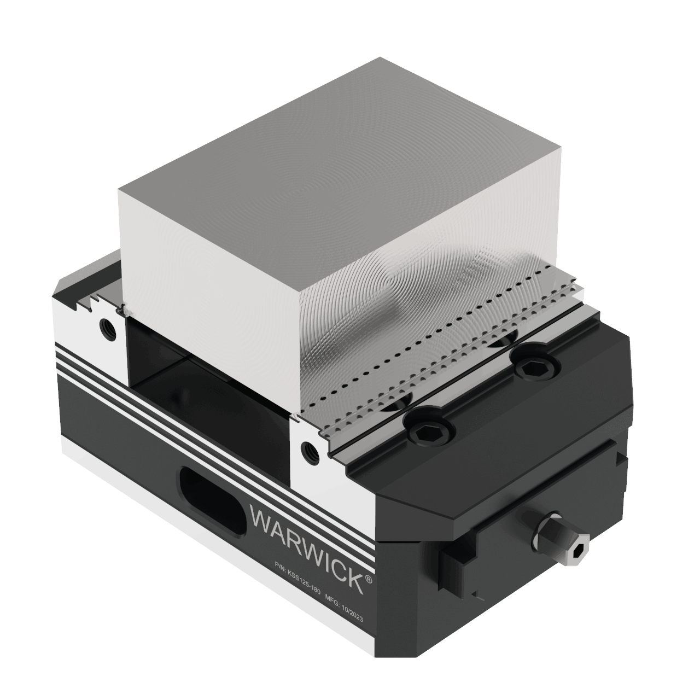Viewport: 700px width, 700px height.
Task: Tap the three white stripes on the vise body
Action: [164, 399]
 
